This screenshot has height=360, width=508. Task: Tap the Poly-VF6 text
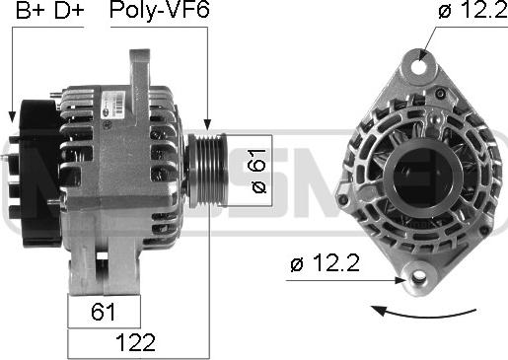pos(160,13)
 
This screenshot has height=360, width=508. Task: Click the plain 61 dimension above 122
pos(103,313)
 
